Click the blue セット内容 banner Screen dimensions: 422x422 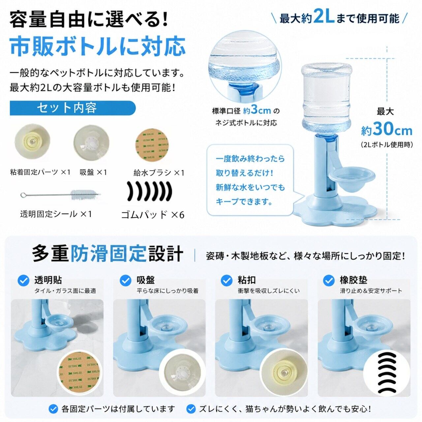73,108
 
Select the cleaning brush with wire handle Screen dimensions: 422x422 61,194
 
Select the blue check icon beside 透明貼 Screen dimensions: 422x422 23,281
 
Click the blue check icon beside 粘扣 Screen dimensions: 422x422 226,281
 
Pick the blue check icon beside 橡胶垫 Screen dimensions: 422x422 328,281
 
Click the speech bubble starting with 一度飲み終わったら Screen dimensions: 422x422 250,180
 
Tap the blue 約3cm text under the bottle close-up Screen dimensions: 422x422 257,110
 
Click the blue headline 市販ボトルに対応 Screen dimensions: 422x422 98,47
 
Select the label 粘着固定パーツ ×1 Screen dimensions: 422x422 40,172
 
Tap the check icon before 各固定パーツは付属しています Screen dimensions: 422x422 53,408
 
